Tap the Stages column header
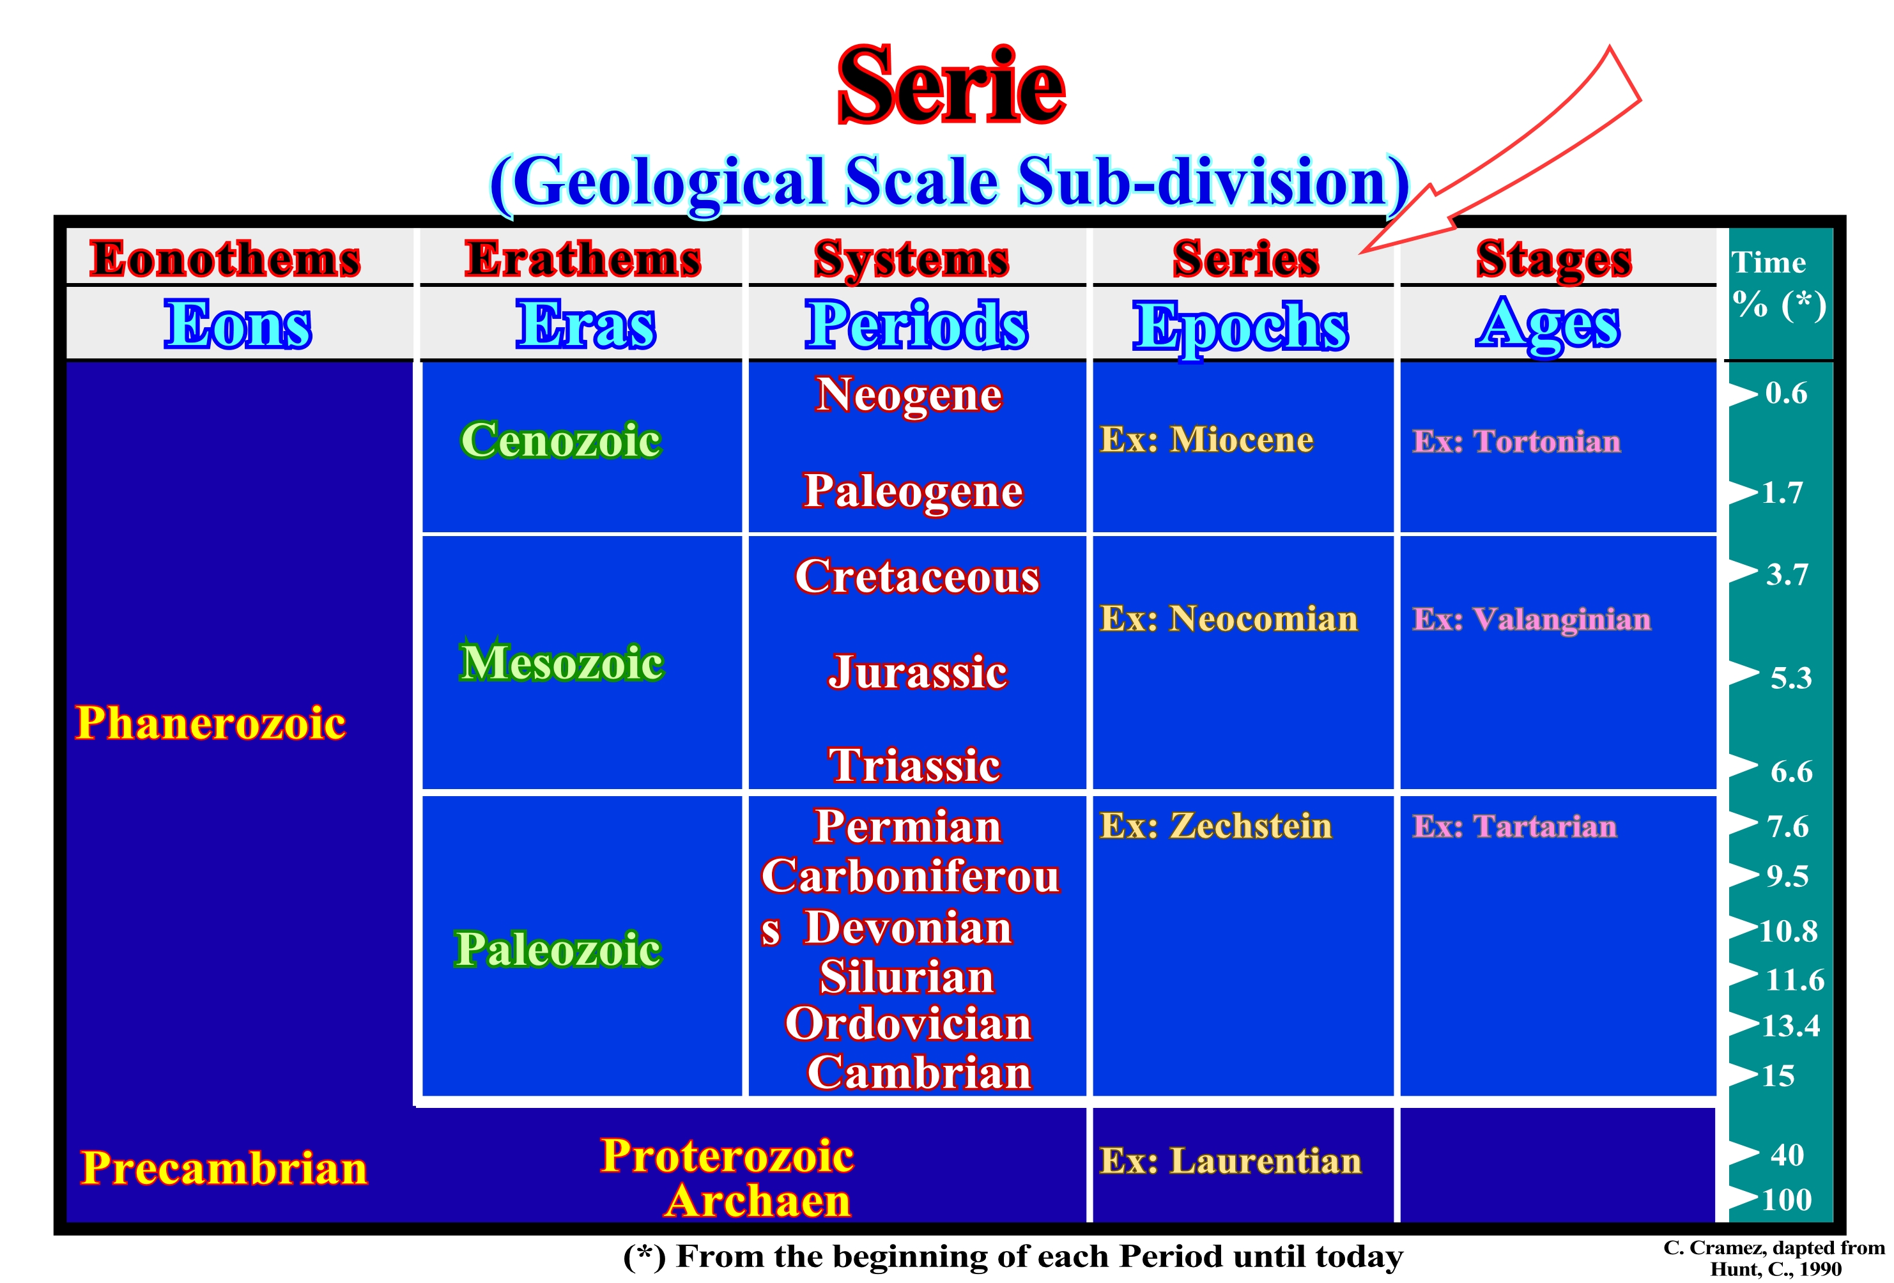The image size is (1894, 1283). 1553,260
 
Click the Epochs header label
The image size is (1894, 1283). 1240,326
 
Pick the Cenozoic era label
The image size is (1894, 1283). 560,440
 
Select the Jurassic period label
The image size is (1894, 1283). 918,672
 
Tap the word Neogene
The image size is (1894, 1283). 909,396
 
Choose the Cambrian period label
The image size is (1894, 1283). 920,1072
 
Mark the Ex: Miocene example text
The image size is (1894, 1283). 1207,440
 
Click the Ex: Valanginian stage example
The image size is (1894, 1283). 1532,620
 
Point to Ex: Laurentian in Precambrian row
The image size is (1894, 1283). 1231,1161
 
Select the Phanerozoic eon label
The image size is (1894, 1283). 210,723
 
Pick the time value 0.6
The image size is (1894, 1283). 1787,393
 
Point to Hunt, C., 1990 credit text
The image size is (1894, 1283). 1775,1268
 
